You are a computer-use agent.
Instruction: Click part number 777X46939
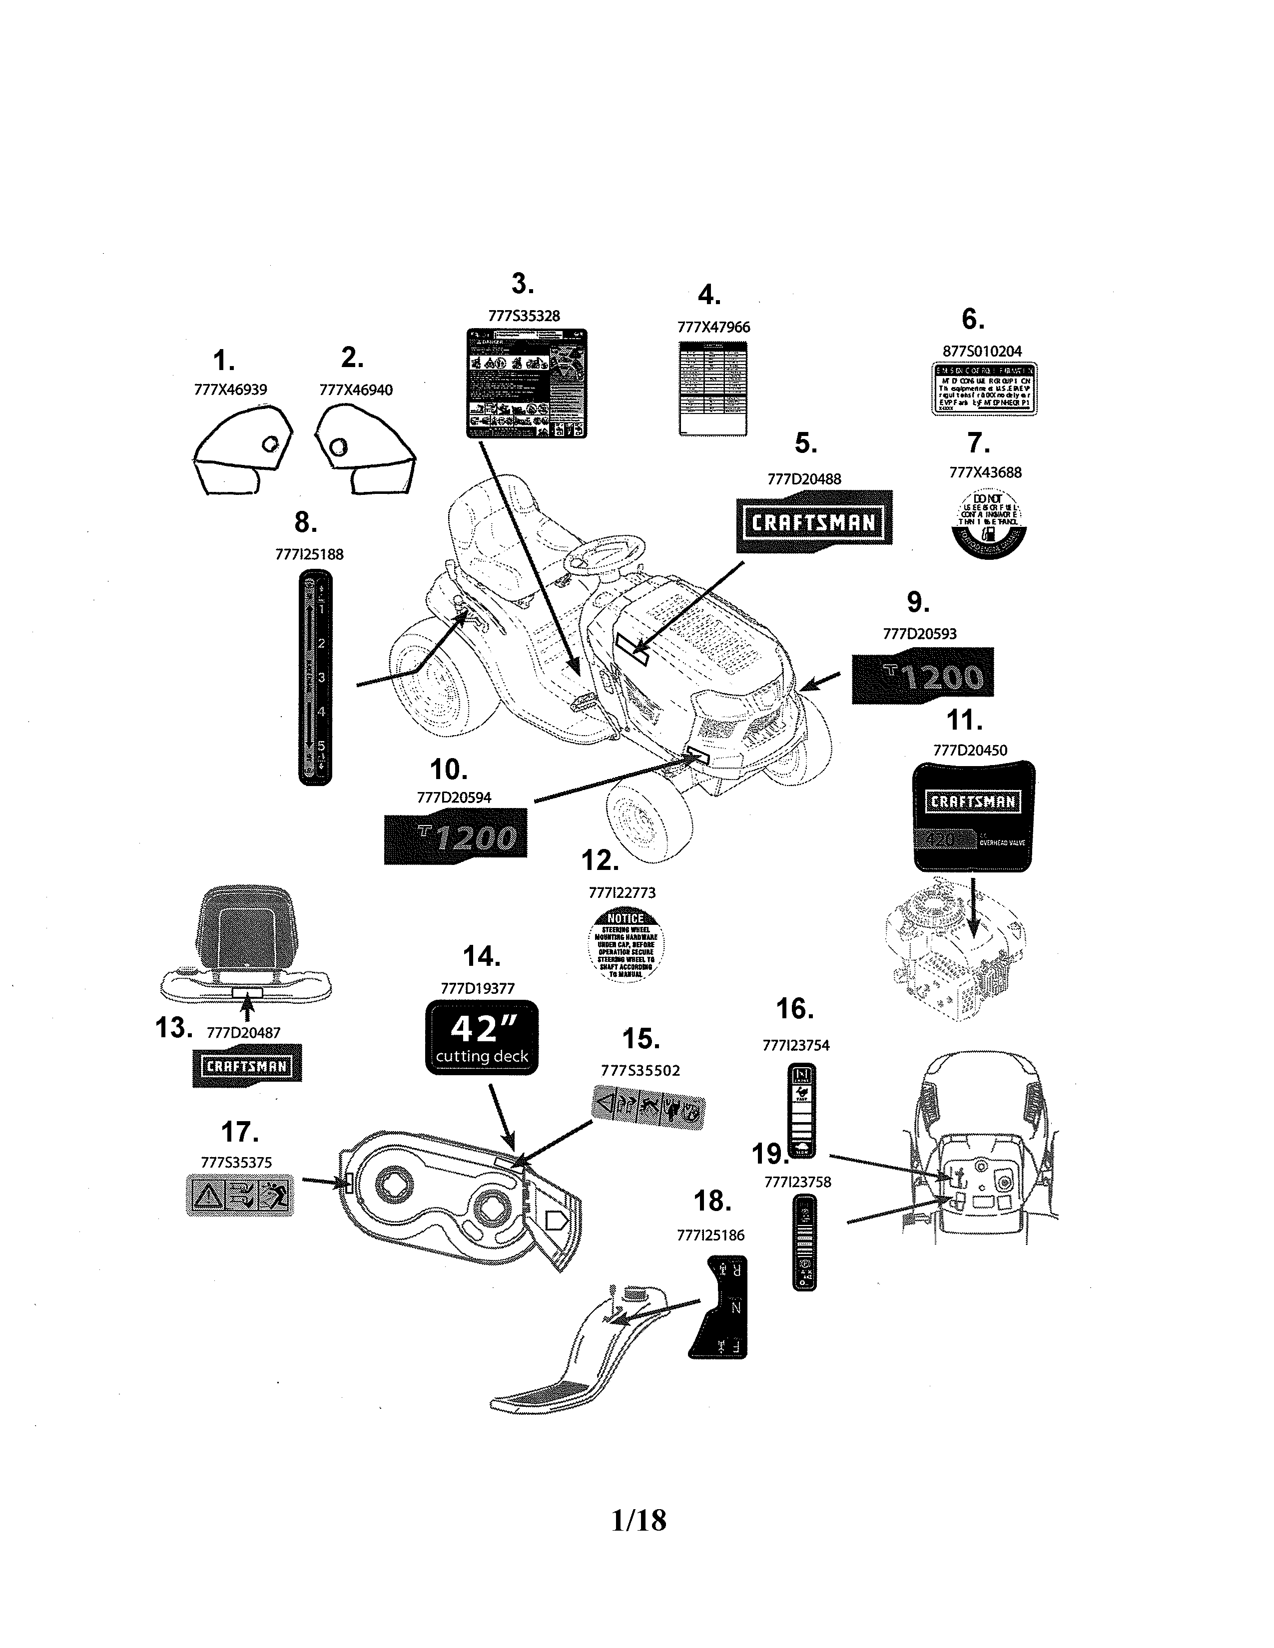coord(230,390)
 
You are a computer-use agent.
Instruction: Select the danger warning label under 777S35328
coord(526,384)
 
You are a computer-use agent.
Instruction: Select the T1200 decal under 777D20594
coord(455,836)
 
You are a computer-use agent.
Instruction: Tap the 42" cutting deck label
coord(482,1037)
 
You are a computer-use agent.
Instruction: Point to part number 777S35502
coord(640,1070)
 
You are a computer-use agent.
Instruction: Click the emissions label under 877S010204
coord(983,389)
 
